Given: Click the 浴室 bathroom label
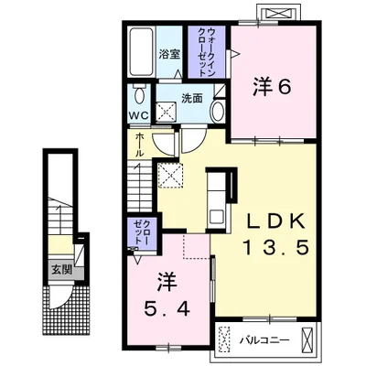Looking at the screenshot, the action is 169,55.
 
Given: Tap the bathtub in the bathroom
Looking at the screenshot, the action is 141,52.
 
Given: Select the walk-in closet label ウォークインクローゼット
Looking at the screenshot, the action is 207,52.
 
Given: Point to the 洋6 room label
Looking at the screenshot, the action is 272,88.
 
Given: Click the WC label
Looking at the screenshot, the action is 139,115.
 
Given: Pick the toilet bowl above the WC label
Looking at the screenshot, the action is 139,94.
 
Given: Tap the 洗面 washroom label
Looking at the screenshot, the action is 192,99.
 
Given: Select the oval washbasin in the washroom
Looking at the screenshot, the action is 218,112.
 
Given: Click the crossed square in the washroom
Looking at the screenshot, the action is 167,112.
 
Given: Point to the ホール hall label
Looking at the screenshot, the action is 139,145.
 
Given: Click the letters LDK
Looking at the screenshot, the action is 276,221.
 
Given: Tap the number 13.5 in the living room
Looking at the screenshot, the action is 276,247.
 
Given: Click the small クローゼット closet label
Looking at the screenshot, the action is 142,232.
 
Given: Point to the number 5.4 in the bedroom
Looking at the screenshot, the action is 167,309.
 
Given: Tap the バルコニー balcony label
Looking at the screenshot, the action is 264,340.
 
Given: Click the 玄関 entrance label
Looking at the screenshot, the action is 61,270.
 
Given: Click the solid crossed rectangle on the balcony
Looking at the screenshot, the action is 307,339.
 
